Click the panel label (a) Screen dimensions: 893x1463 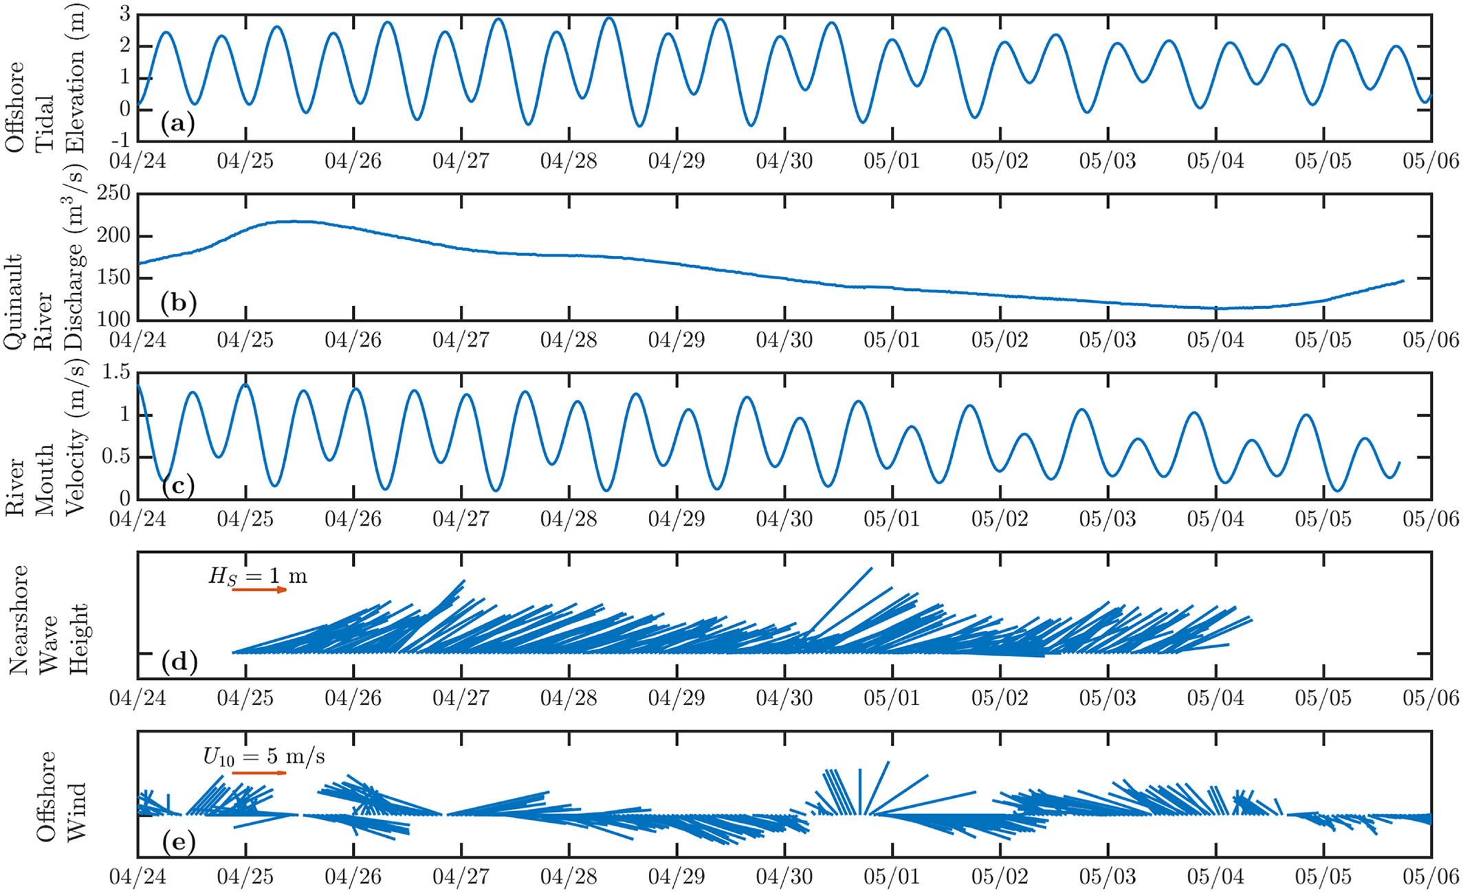point(177,124)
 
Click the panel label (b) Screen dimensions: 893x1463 point(178,303)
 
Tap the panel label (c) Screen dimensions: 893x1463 point(178,486)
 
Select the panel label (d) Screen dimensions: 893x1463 point(179,663)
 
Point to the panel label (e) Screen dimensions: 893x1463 point(178,841)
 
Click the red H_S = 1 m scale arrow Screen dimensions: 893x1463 point(259,590)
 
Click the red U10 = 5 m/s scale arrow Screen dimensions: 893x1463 point(259,773)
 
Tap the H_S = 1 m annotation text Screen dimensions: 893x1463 point(258,576)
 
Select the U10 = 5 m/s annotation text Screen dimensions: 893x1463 point(264,757)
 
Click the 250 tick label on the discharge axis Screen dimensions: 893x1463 point(113,194)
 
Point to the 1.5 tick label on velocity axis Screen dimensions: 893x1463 point(115,373)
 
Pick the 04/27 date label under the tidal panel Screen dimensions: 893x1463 point(461,162)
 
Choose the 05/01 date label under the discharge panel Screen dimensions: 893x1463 point(892,340)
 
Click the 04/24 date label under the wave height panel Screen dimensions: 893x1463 point(138,698)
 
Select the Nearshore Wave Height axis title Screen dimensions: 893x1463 point(48,619)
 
